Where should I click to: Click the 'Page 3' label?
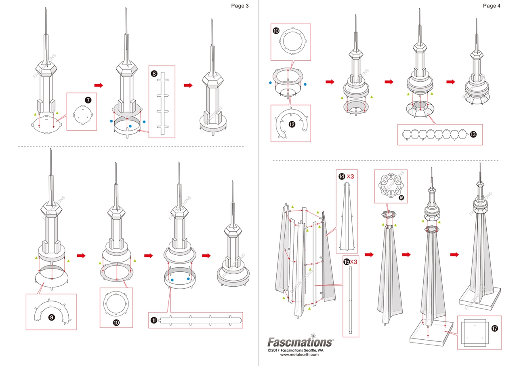[240, 6]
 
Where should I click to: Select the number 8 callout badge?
[154, 74]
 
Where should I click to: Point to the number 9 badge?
[52, 317]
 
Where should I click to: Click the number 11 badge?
[154, 320]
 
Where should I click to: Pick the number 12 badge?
[292, 125]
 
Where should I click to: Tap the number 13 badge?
[473, 135]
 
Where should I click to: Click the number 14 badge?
[342, 176]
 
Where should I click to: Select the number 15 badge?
[346, 262]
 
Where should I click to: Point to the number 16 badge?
[401, 198]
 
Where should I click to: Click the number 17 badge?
[495, 328]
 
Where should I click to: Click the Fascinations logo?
[301, 342]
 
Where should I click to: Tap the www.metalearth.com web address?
[299, 355]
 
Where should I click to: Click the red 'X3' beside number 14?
[351, 176]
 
